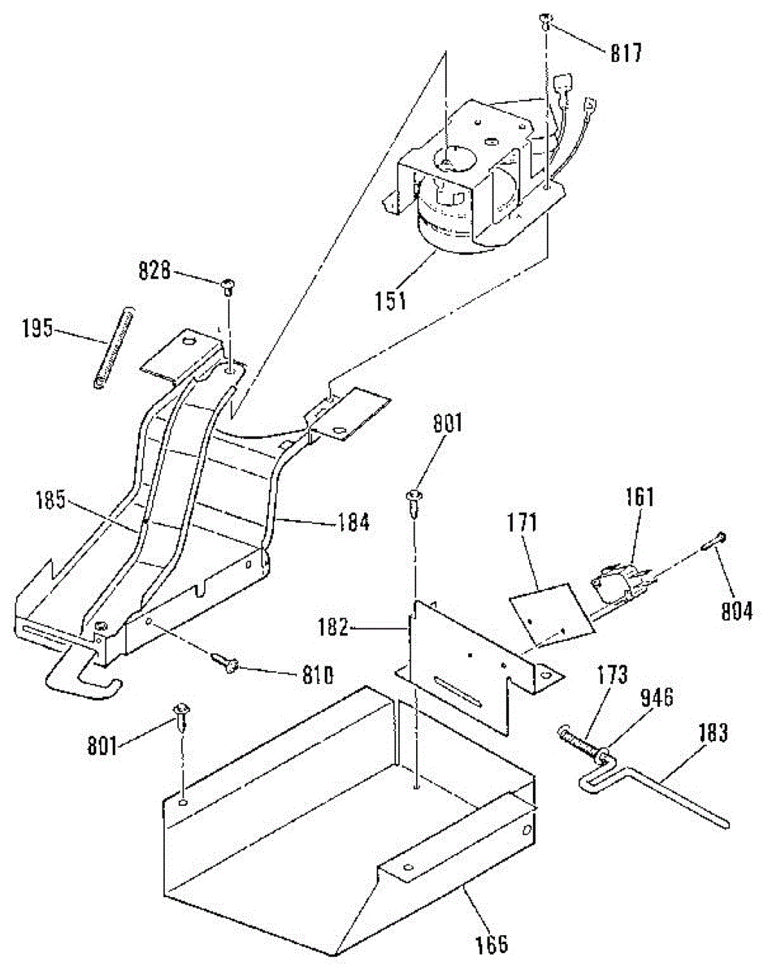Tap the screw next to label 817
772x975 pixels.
[x=547, y=22]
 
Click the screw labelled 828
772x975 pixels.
[x=228, y=286]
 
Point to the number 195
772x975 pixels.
[x=37, y=330]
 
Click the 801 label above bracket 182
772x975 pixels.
[x=447, y=423]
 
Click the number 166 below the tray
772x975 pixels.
[x=492, y=943]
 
